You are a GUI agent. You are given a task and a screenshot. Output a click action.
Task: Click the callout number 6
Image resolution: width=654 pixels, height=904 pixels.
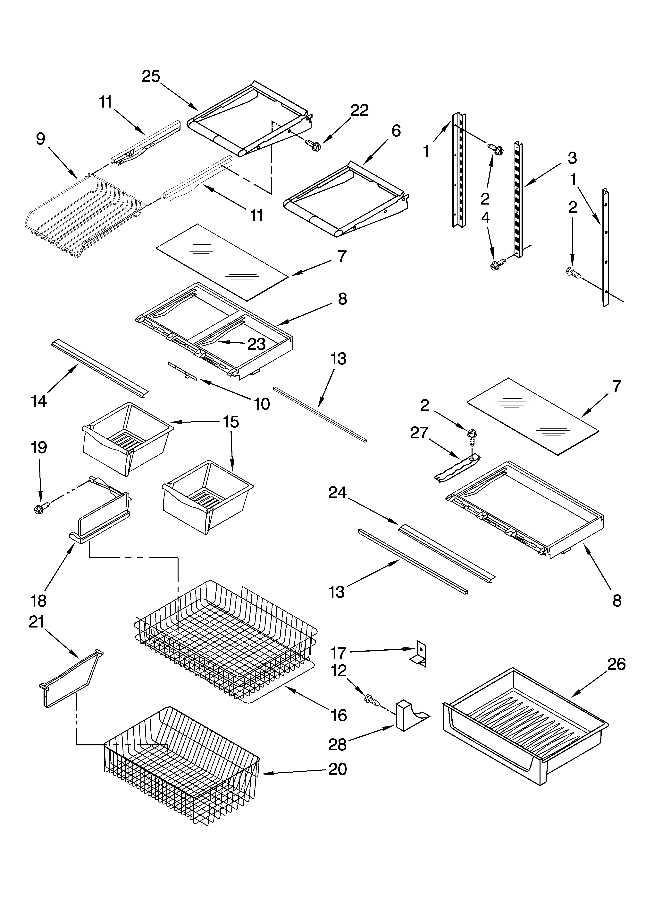(396, 131)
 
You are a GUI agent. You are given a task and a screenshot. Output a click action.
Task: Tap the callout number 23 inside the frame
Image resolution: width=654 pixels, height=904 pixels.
(256, 344)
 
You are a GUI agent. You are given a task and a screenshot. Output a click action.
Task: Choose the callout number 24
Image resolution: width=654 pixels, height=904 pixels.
(337, 493)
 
